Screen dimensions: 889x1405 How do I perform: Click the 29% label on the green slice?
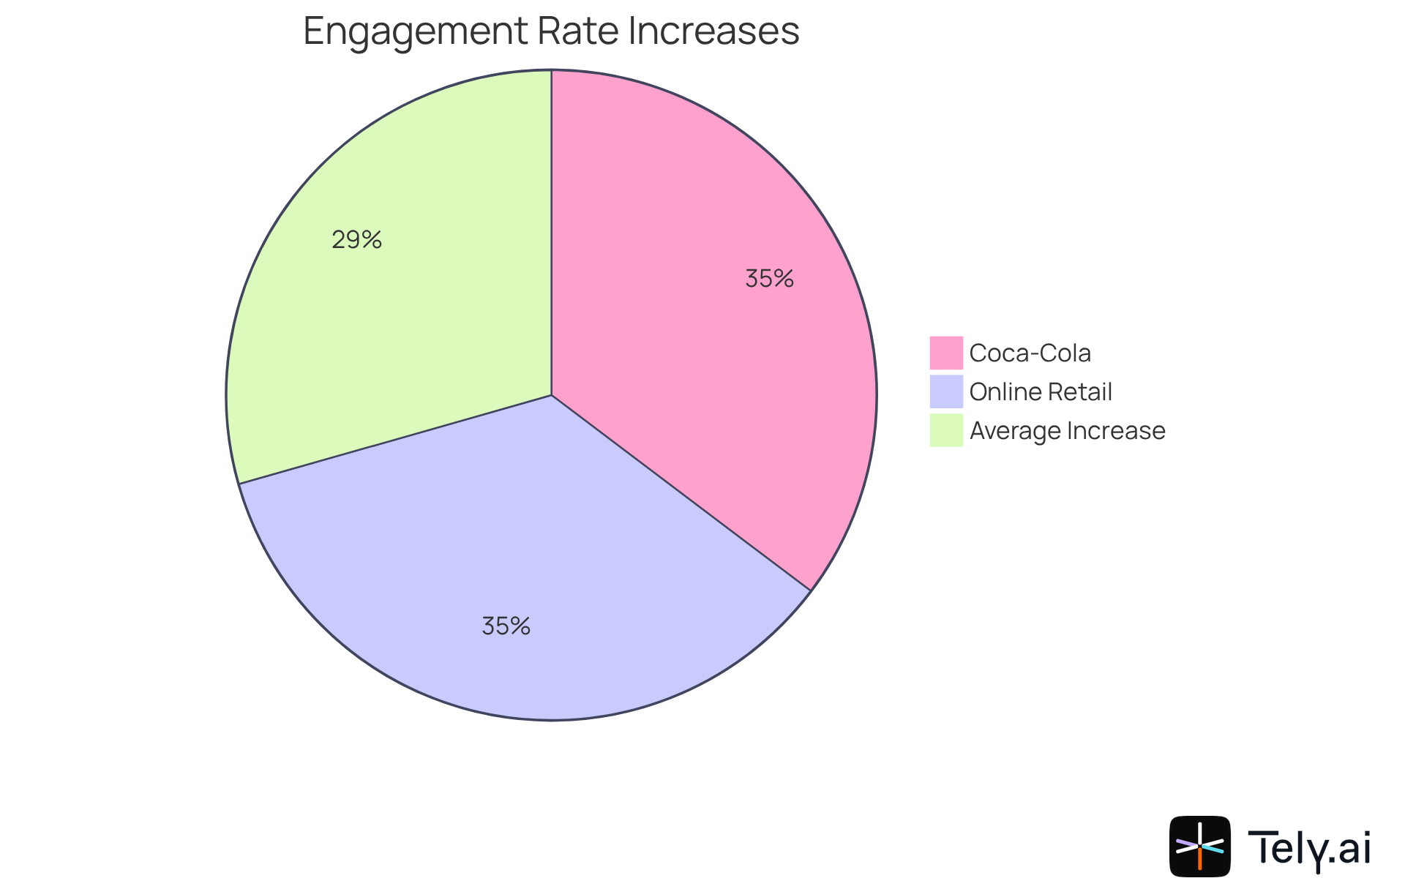(x=356, y=240)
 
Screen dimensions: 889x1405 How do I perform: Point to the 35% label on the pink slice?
(x=769, y=279)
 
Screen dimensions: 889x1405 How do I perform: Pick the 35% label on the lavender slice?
(x=506, y=626)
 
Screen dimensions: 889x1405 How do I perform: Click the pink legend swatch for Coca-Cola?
(x=946, y=353)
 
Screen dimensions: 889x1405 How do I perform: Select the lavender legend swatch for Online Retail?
(x=946, y=391)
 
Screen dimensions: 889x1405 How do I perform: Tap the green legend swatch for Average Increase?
(x=946, y=430)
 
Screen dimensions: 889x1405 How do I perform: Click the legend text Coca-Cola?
(x=1030, y=353)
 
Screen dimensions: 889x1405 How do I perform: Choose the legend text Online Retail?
(x=1040, y=392)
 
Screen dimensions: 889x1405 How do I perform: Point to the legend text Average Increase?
(x=1067, y=431)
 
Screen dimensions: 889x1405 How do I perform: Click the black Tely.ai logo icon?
(x=1199, y=846)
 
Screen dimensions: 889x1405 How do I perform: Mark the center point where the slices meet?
(x=551, y=396)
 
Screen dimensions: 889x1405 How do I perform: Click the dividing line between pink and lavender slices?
(x=681, y=493)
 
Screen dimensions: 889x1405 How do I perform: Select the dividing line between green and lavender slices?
(x=395, y=440)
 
